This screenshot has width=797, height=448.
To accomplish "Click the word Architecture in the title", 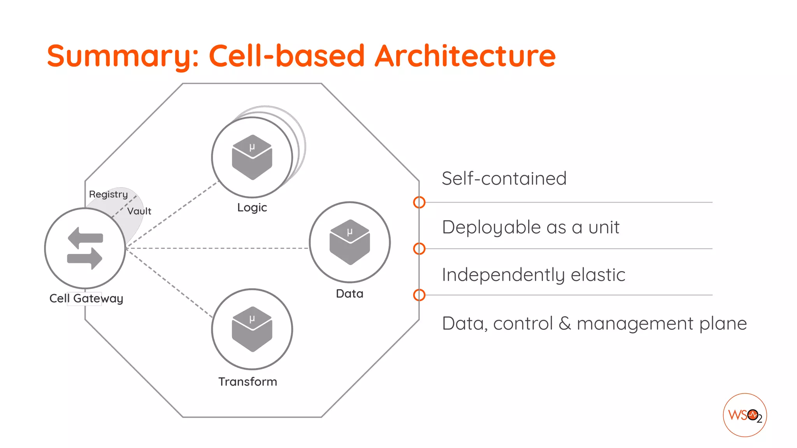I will point(465,56).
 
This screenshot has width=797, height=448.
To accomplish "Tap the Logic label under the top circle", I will point(252,208).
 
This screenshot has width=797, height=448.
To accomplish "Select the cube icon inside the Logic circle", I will point(252,157).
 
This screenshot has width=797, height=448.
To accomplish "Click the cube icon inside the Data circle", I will point(349,242).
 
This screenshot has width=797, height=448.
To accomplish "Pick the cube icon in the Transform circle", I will point(252,329).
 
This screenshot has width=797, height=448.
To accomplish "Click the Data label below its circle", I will point(349,294).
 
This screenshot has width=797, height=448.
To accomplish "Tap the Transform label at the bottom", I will point(248,381).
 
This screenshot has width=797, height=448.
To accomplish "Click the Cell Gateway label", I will point(86,298).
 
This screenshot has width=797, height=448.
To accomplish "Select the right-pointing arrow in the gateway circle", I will point(85,258).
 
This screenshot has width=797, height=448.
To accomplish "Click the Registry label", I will point(108,194).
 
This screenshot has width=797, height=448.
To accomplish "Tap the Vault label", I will point(139,211).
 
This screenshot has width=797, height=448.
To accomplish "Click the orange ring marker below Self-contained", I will point(419,202).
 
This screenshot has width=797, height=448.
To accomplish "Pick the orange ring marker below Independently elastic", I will point(419,295).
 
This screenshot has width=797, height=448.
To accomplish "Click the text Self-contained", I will point(504,178).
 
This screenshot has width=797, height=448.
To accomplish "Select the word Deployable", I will point(492,227).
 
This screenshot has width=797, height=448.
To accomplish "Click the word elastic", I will point(598,275).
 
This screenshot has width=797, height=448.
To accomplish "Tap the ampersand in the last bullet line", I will point(564,324).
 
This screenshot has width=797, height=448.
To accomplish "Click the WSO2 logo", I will point(744,415).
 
